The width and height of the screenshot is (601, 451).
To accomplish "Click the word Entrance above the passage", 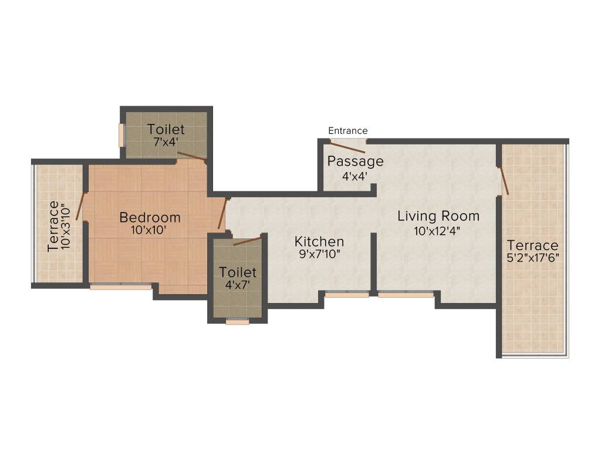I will click(x=347, y=130).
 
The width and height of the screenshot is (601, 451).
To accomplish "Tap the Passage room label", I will click(x=355, y=161).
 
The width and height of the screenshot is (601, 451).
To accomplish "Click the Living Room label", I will click(x=438, y=216).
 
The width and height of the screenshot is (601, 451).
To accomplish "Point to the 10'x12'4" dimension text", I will click(x=437, y=231).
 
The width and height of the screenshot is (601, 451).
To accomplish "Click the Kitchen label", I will click(x=319, y=241).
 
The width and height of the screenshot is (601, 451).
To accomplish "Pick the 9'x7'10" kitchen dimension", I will click(x=319, y=255).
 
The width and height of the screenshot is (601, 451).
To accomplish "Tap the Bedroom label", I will click(x=150, y=217).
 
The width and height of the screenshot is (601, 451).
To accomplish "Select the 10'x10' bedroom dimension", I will click(x=150, y=231).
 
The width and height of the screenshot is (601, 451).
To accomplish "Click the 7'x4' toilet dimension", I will click(x=166, y=142).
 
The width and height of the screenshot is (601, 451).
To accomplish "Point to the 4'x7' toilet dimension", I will click(x=238, y=285).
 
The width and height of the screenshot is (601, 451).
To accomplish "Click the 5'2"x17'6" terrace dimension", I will click(x=533, y=259).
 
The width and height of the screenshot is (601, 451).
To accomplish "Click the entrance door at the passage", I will click(x=348, y=142).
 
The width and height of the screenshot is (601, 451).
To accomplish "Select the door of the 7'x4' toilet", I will click(x=192, y=156).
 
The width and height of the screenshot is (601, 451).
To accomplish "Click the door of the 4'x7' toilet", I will click(x=247, y=241).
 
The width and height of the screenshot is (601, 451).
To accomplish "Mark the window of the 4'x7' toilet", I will click(x=237, y=321).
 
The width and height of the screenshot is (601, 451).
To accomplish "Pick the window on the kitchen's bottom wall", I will click(x=347, y=295).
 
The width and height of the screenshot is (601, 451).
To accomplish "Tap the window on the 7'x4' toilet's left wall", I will click(x=122, y=135).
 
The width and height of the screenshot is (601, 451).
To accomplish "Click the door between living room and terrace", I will click(x=504, y=181).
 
